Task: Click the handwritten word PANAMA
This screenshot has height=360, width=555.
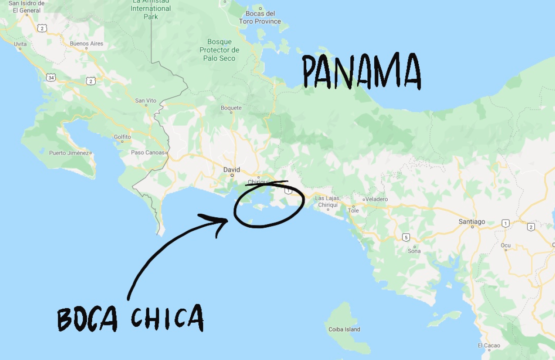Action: coord(362,72)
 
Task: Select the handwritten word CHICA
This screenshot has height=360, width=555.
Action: coord(167,317)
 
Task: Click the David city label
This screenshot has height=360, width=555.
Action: coord(232,170)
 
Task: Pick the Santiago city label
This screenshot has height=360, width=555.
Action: coord(472,221)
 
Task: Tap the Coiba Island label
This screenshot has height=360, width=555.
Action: coord(344,329)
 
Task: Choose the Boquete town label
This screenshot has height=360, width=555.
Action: coord(231,108)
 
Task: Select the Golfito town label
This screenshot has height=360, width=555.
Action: coord(122,137)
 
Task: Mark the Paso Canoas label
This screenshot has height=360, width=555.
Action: coord(148,153)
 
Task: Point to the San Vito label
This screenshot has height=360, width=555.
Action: coord(146,101)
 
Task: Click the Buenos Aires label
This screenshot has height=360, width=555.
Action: coord(86,44)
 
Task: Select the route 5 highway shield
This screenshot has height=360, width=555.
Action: coord(406,237)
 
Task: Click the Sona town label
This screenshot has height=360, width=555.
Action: coord(414,251)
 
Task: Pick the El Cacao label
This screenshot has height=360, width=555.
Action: coord(488,346)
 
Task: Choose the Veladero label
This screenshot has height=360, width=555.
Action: coord(376,199)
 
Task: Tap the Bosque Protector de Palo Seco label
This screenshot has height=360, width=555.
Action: coord(219,50)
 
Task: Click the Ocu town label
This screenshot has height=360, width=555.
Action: coord(506,245)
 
